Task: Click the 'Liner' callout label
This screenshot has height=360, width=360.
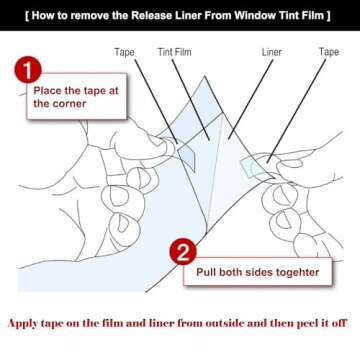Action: coord(271,51)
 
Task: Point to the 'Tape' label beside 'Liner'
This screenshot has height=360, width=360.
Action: coord(328,51)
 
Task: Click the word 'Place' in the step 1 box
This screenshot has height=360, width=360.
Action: coord(50,88)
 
